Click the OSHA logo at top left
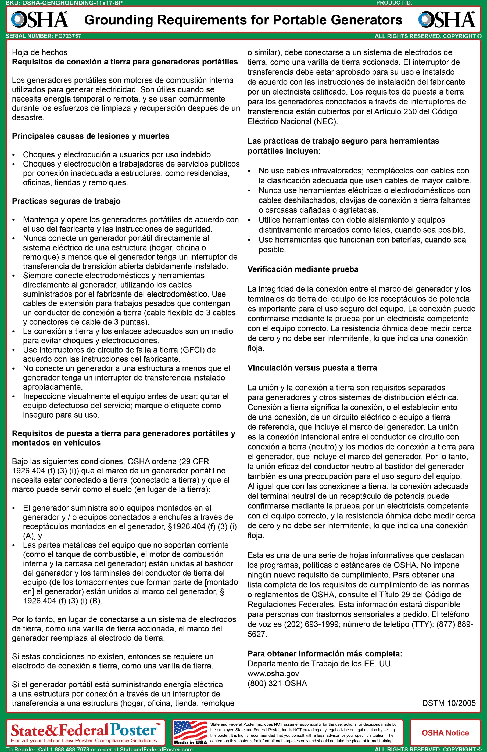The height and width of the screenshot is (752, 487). tap(40, 20)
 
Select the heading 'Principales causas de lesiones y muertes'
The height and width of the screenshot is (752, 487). tap(91, 136)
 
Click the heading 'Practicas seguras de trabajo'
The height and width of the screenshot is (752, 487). tap(66, 201)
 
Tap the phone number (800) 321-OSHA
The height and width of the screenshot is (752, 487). tap(277, 684)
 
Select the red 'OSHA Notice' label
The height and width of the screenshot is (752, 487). tap(445, 733)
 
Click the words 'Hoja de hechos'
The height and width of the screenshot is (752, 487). tap(40, 52)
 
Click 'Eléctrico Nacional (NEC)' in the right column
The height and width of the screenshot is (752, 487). tap(292, 121)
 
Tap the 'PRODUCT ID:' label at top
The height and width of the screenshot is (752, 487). tap(394, 3)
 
